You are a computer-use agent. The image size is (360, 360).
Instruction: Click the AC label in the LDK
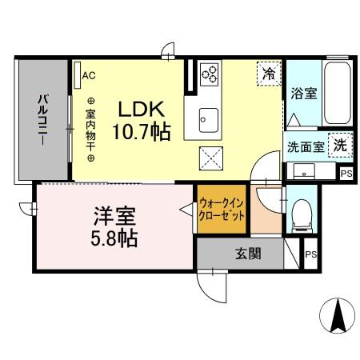[x=89, y=76]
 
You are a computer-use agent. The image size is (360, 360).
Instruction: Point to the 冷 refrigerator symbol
[x=269, y=74]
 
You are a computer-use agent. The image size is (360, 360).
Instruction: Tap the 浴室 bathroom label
[x=304, y=94]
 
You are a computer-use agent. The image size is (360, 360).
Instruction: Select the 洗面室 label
[x=306, y=147]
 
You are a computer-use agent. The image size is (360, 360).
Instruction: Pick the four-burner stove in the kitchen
[x=210, y=74]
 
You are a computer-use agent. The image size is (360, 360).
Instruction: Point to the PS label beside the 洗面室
[x=346, y=173]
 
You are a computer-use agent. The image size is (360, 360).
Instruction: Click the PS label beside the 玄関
[x=310, y=256]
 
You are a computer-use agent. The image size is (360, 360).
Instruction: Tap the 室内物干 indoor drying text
[x=90, y=129]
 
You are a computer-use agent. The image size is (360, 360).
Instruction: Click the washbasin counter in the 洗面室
[x=304, y=170]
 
